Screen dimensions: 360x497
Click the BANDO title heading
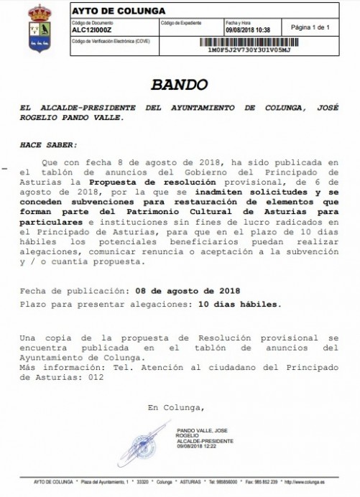(x=179, y=85)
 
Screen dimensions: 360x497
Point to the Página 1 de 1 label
(x=309, y=27)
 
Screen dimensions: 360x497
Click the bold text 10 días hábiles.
(x=238, y=304)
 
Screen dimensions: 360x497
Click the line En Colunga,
(x=175, y=408)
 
